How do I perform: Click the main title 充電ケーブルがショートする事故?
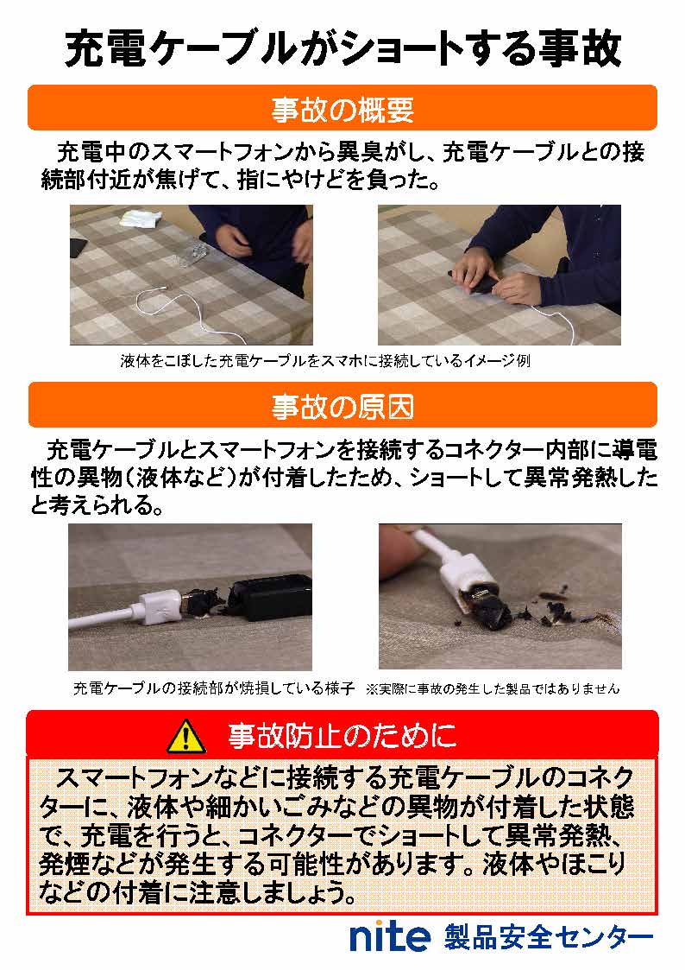(x=342, y=50)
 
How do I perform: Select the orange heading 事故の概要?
(x=342, y=109)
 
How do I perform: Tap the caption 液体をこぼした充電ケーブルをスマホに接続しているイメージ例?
(x=324, y=361)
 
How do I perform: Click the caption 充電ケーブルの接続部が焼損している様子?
(x=214, y=688)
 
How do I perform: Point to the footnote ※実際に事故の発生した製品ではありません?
(x=493, y=688)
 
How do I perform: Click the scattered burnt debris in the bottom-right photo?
(x=552, y=609)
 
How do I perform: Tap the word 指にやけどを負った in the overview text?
(x=345, y=181)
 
